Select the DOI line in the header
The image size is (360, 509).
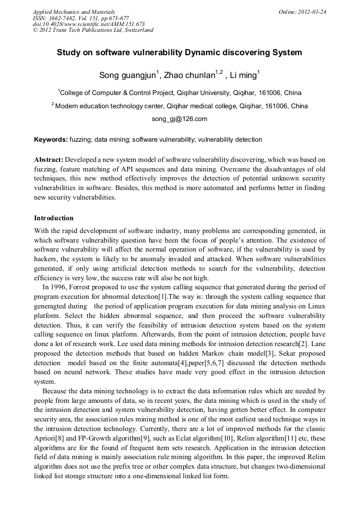pos(89,24)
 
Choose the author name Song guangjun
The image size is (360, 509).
pos(127,75)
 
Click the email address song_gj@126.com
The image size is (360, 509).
pos(179,119)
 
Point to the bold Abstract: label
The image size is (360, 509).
pos(49,159)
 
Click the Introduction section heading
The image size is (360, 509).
pos(54,218)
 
